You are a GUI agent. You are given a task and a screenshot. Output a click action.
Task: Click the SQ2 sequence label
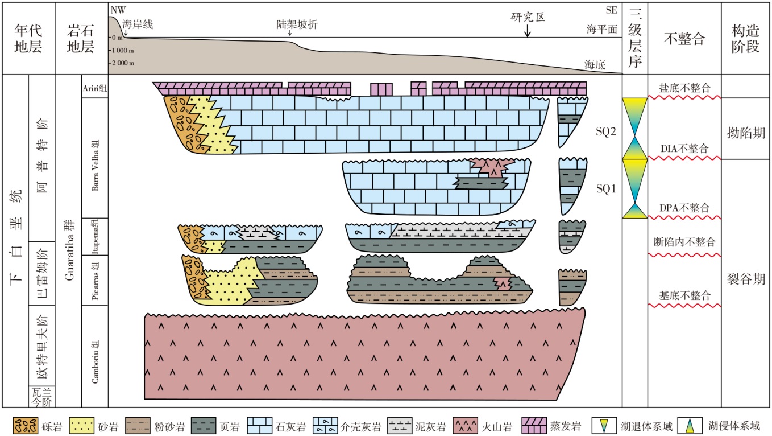(605, 131)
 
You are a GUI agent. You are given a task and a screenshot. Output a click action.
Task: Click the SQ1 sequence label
(605, 188)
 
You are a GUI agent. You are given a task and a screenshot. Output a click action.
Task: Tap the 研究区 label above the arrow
(528, 17)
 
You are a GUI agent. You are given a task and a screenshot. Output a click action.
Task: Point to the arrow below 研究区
(528, 30)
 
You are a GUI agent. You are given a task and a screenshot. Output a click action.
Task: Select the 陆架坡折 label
(297, 24)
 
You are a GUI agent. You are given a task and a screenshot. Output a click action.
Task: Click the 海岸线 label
(138, 24)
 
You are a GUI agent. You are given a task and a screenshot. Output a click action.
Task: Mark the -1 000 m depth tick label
(122, 50)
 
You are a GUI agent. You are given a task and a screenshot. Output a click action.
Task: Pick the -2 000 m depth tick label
(123, 63)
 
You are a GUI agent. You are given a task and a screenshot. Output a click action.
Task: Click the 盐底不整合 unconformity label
(684, 88)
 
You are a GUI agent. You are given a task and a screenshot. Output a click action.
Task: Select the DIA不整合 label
(684, 149)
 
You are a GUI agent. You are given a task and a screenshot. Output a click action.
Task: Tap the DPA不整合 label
(684, 208)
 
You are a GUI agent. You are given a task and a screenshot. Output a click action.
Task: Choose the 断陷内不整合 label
(684, 242)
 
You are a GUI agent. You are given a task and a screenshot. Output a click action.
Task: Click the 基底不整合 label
(684, 295)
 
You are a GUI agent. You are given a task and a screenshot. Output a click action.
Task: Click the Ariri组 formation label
(95, 88)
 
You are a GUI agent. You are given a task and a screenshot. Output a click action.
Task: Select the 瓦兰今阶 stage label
(41, 397)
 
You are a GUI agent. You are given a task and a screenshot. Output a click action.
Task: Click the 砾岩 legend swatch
(26, 426)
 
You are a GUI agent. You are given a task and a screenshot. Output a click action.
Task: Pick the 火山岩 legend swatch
(465, 426)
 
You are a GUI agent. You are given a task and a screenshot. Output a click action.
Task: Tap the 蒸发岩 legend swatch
(534, 426)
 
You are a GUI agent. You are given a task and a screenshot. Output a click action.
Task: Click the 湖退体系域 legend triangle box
(604, 426)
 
